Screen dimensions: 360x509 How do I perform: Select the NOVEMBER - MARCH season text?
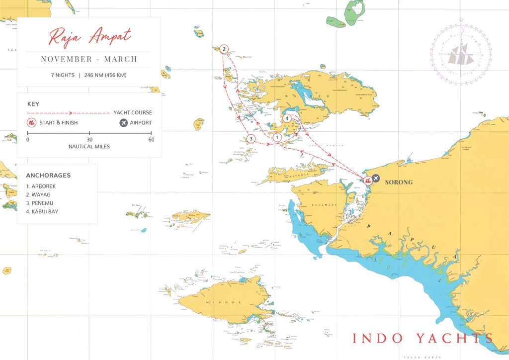pos(89,59)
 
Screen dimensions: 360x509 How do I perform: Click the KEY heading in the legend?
pos(33,104)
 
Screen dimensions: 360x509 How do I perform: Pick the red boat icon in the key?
pos(31,122)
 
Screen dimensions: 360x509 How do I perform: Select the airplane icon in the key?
pos(123,122)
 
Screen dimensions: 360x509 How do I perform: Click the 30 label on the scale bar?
pos(89,140)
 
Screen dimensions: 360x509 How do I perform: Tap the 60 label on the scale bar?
pos(151,140)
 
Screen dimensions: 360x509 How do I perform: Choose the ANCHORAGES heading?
pos(48,176)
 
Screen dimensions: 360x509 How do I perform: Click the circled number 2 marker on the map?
pos(224,49)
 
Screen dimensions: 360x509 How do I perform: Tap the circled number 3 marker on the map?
pos(251,139)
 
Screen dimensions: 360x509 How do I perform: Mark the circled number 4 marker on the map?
pos(287,118)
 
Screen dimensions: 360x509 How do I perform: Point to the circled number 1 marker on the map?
pos(277,137)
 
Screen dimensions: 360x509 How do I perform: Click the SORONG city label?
pos(399,182)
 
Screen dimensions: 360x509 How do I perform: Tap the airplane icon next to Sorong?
pos(376,178)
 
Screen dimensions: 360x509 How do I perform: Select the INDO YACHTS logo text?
pos(423,338)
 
